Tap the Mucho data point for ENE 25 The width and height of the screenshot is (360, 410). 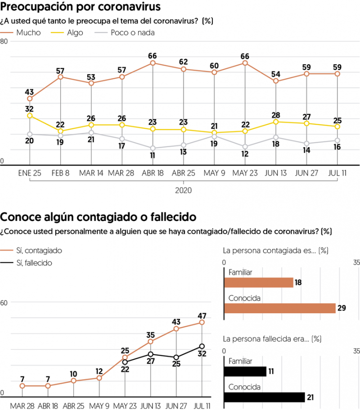[30, 99]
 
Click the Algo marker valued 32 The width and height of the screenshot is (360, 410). [30, 116]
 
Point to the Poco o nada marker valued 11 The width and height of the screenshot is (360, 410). [153, 148]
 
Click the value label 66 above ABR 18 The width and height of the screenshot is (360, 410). [153, 56]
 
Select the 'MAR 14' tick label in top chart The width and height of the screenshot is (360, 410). [91, 173]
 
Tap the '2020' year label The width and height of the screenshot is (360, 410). [183, 190]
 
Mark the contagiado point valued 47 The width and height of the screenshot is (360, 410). [202, 322]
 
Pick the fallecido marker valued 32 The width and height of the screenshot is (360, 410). [202, 346]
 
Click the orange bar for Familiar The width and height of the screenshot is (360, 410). [258, 282]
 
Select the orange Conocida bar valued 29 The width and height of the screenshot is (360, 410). [279, 308]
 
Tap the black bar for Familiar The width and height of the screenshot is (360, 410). [245, 371]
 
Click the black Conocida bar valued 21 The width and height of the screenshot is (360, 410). [264, 397]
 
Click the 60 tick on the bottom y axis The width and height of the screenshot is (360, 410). [4, 302]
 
